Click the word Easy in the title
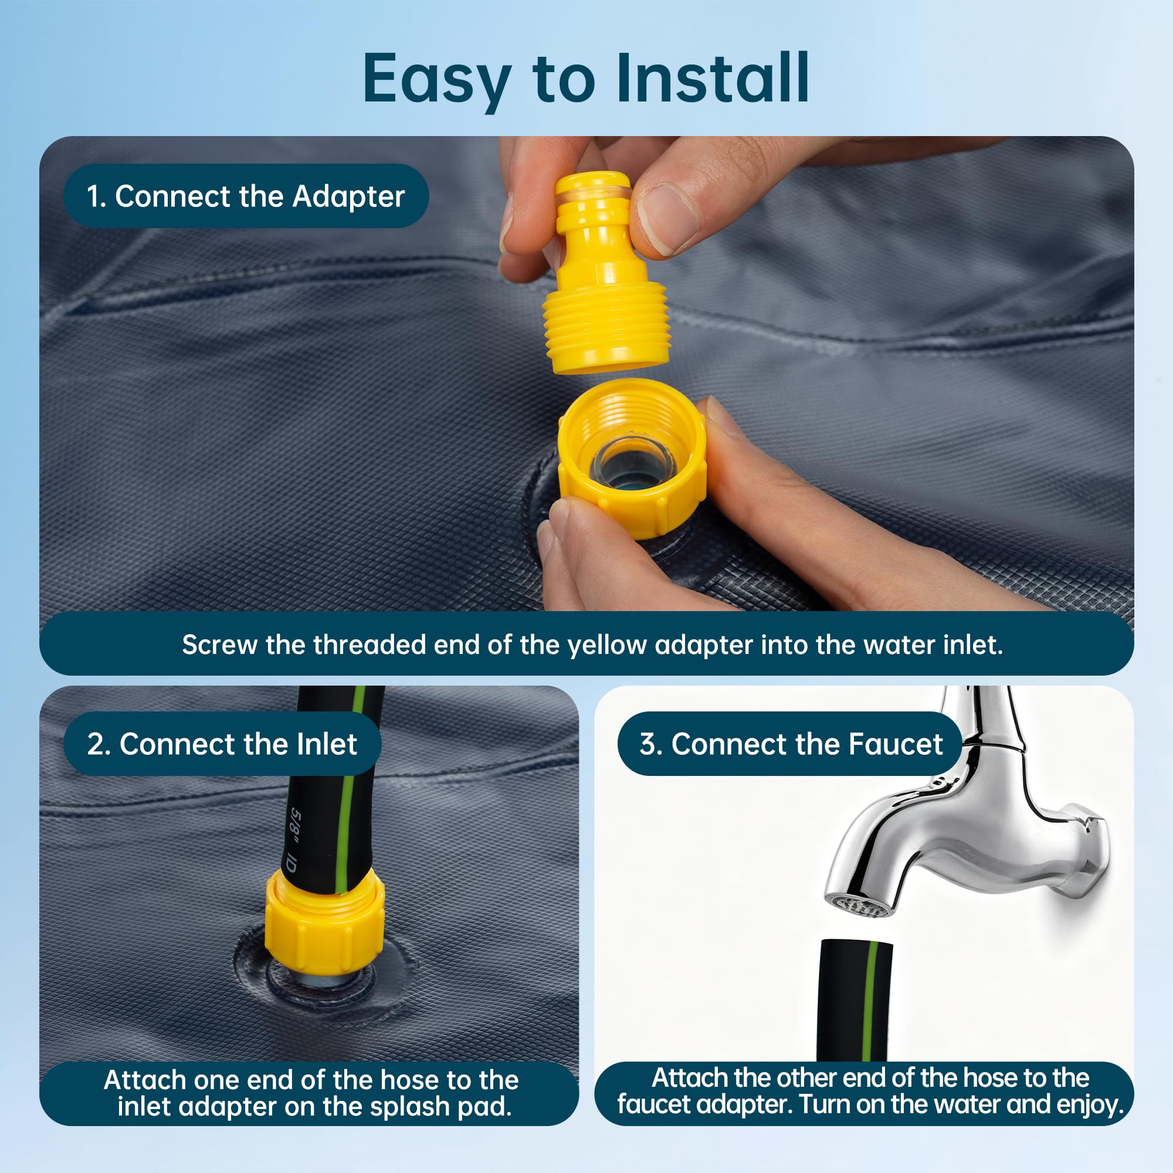[x=436, y=82]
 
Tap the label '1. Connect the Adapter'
[x=246, y=196]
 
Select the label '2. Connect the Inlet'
[x=222, y=744]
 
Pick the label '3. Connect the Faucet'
[x=790, y=744]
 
